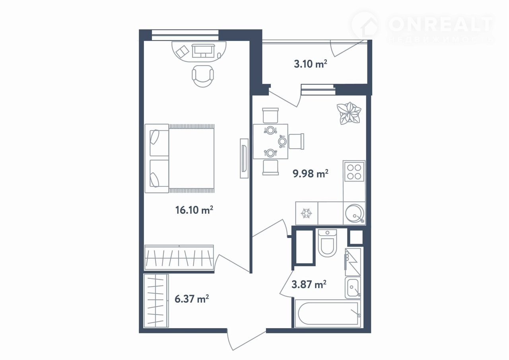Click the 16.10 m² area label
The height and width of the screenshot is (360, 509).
coord(194,210)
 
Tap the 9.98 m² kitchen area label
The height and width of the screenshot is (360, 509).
coord(311,174)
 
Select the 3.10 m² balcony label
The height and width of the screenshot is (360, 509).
coord(311,64)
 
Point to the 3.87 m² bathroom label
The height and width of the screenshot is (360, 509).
coord(309,284)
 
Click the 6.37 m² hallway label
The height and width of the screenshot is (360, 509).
coord(192,299)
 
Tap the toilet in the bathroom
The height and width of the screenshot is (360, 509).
coord(327,243)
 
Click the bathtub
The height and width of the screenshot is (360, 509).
coord(328,314)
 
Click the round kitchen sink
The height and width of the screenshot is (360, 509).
coord(354,213)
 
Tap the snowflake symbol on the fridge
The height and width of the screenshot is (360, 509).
coord(306,213)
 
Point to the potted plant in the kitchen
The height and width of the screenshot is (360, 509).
coord(349,113)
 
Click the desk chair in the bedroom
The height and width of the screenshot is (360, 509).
coord(203,76)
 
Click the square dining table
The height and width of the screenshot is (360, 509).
coord(270,141)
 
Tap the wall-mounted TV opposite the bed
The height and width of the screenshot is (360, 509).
coord(244,159)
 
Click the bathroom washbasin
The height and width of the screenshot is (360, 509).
coord(353,288)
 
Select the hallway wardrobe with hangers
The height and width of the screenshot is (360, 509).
coord(156,301)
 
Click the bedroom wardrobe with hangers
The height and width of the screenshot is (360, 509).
coord(179,257)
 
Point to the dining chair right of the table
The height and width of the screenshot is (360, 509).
coord(296,141)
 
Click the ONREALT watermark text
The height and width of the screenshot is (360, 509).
coord(440,25)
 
